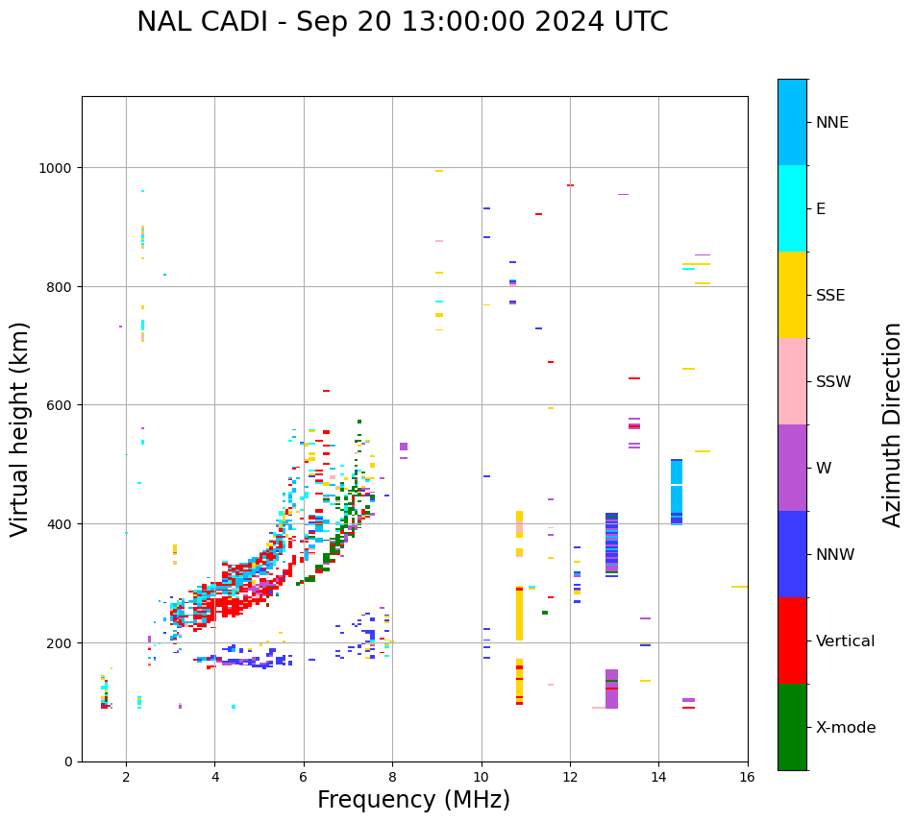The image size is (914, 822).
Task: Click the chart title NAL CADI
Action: (x=402, y=22)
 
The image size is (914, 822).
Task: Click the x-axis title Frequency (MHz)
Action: (x=413, y=800)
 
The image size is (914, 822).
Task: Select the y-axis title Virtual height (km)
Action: (x=20, y=428)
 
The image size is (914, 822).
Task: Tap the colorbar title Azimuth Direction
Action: (x=892, y=424)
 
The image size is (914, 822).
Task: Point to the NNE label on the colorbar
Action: (x=832, y=122)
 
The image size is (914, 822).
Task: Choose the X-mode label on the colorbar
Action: (x=846, y=728)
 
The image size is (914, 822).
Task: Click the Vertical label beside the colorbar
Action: (x=846, y=641)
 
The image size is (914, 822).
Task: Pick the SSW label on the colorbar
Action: (x=833, y=381)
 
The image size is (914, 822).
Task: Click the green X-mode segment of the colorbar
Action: (x=792, y=727)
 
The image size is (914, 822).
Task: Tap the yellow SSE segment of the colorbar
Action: (x=792, y=295)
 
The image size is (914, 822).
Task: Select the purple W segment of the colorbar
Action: (x=792, y=468)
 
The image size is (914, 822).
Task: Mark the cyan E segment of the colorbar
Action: (x=792, y=208)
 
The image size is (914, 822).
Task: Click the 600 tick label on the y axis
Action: (x=61, y=405)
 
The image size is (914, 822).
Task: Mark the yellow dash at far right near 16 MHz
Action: (x=739, y=587)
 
